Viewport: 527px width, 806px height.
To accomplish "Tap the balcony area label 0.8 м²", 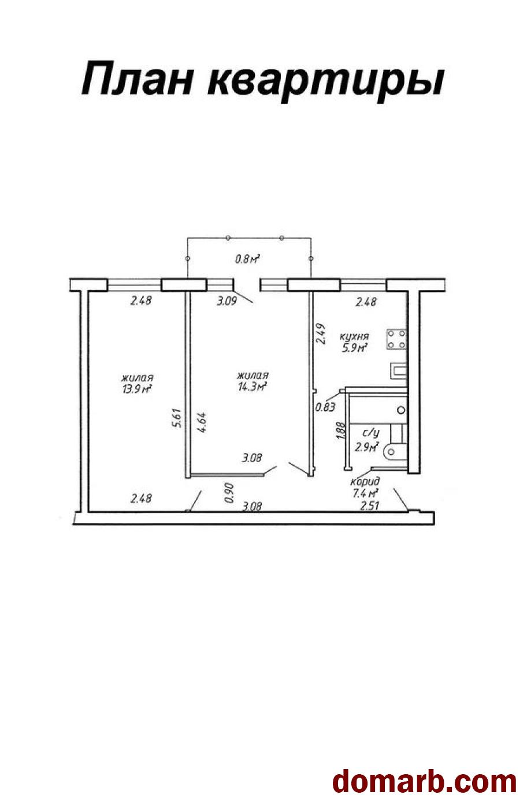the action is point(247,258).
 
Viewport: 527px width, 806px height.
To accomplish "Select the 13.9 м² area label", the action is point(136,389).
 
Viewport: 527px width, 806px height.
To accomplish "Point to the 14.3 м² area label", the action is point(252,387).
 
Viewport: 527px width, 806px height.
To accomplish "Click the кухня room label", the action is point(354,336).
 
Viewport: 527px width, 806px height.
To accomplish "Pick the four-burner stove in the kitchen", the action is point(396,339).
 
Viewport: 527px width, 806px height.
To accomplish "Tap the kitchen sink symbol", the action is point(398,370).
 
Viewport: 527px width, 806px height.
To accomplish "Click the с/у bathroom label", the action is point(371,433).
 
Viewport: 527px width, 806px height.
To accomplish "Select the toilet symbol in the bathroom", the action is point(395,451).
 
